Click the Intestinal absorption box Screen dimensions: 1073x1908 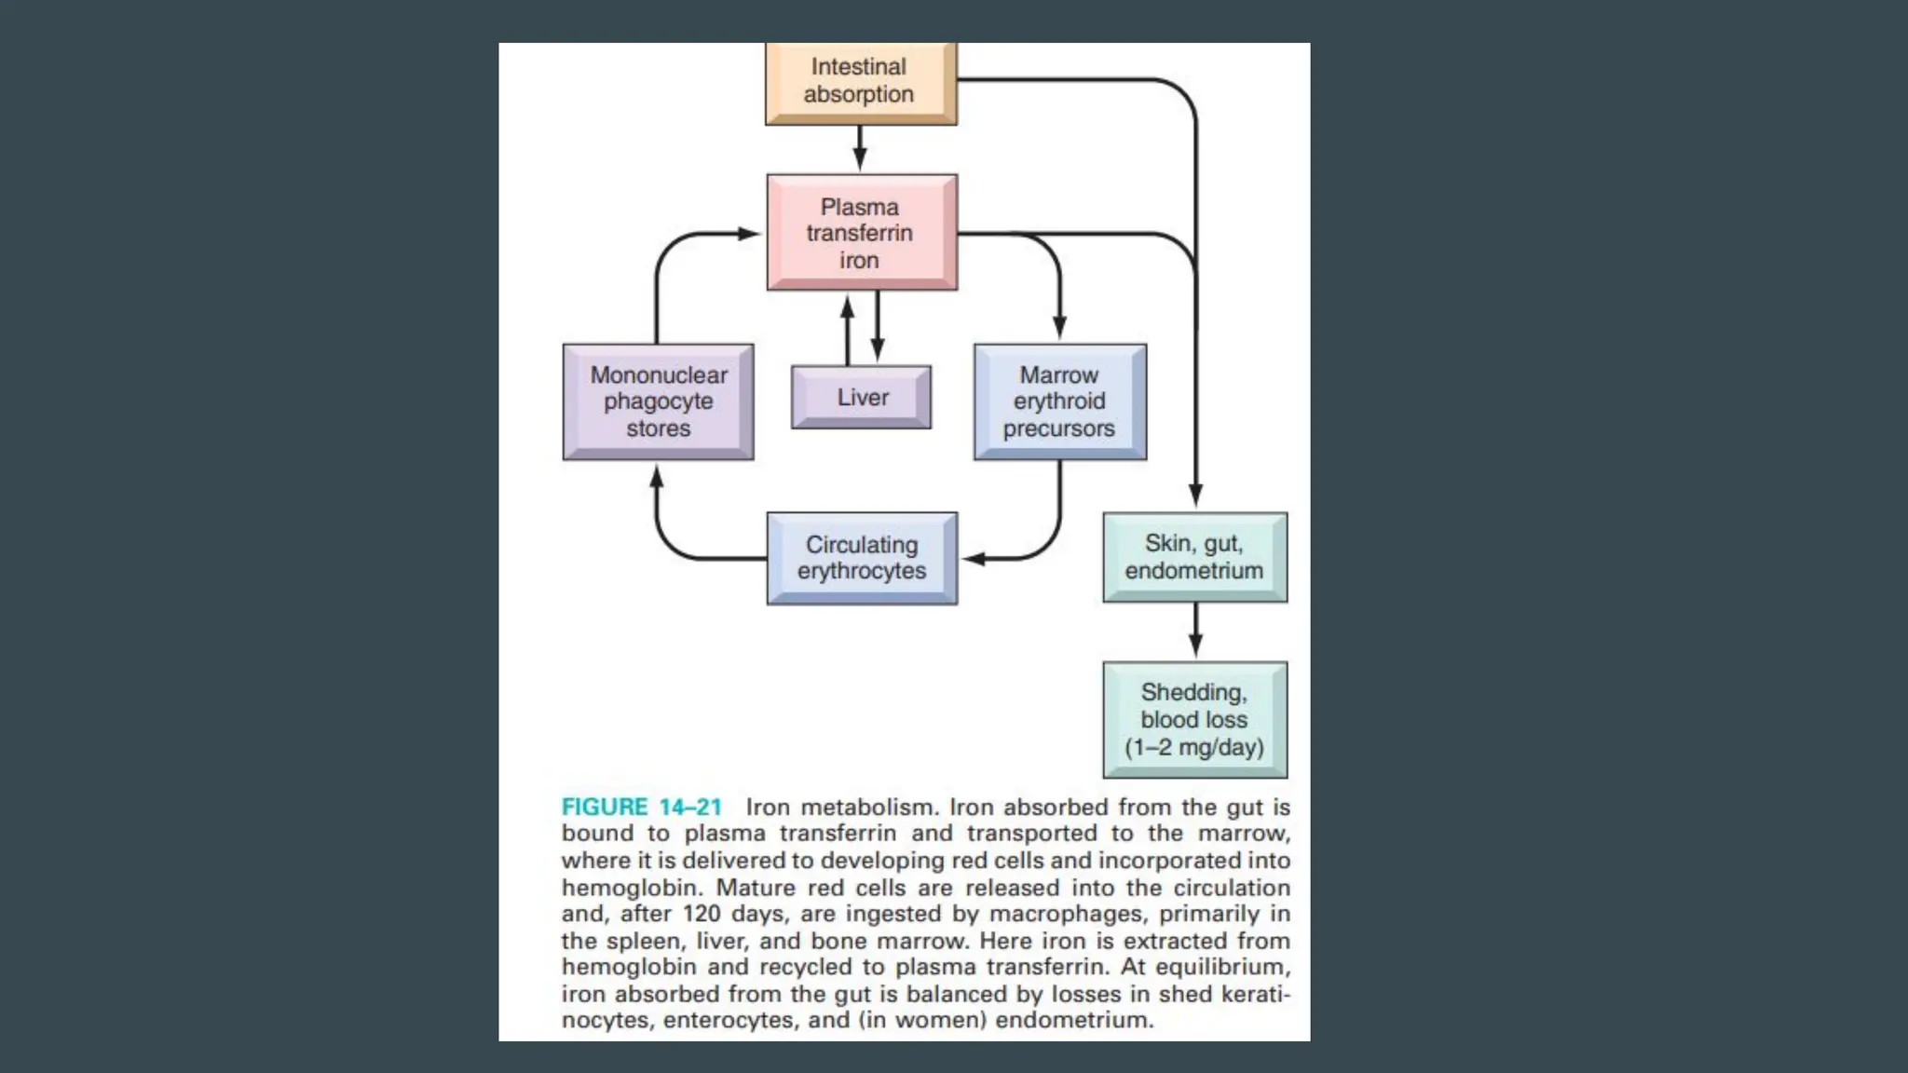[860, 81]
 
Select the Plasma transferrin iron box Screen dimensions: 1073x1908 [861, 233]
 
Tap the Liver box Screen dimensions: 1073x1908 [861, 398]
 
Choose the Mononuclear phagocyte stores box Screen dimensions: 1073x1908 [658, 401]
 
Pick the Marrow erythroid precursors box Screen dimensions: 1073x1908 [1059, 401]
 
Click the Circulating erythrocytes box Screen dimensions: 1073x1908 [861, 558]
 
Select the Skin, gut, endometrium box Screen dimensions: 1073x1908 [1194, 557]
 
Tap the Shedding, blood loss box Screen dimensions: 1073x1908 [1194, 719]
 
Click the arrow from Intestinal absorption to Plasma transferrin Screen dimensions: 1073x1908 [860, 149]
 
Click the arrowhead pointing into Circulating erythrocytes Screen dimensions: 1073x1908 [974, 559]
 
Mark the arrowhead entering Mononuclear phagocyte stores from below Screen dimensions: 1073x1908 [657, 476]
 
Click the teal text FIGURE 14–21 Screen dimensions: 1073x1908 [641, 807]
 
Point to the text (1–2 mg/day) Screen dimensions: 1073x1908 [1194, 747]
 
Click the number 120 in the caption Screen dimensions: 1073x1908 [702, 914]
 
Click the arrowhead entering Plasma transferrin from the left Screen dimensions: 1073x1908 [751, 234]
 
